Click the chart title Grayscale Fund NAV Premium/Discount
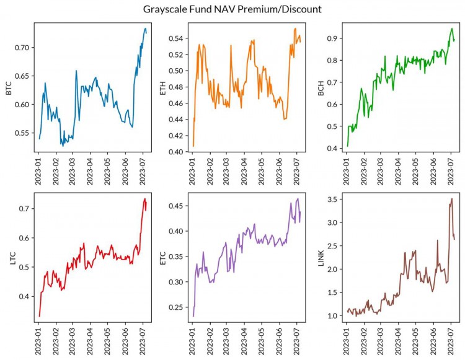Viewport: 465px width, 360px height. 232,9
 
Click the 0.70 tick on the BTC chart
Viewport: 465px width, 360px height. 24,48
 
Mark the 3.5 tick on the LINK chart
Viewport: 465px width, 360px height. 334,200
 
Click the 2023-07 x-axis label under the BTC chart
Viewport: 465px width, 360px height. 142,172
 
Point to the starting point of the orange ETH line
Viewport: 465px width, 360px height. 193,146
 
